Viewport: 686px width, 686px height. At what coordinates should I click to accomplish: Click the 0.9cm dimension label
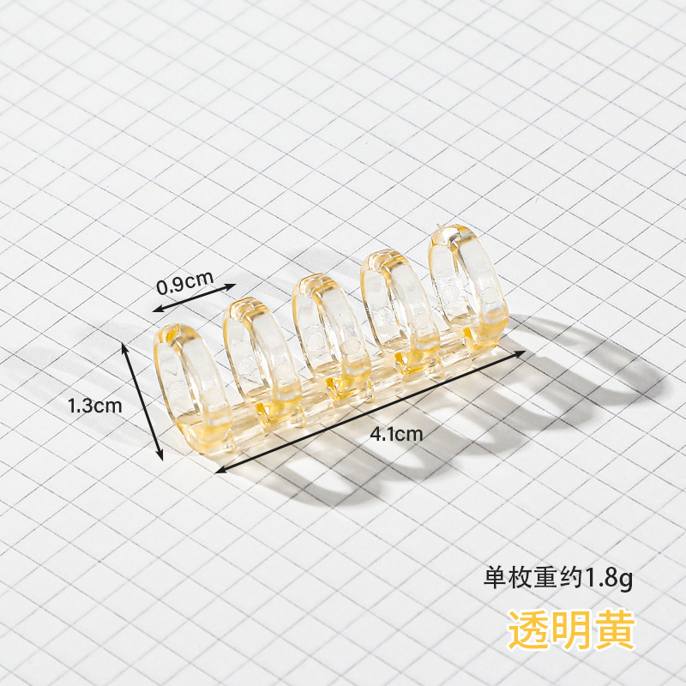click(184, 280)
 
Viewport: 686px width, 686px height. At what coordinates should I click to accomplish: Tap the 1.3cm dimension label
click(96, 406)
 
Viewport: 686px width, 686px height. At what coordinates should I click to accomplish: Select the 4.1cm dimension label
click(396, 433)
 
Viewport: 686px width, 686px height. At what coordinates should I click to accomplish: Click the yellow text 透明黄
click(571, 630)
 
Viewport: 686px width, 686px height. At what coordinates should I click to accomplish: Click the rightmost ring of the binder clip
click(466, 283)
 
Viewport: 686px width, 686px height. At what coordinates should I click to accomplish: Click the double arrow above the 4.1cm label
click(371, 410)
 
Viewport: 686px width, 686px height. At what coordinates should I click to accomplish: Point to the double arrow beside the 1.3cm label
click(144, 400)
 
